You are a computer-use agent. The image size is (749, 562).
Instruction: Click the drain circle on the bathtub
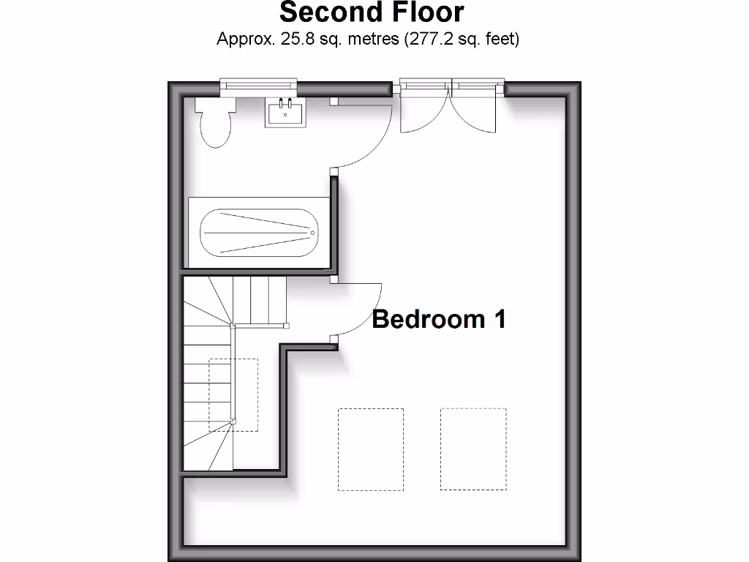[312, 233]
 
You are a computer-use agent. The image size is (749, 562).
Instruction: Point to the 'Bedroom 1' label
[439, 319]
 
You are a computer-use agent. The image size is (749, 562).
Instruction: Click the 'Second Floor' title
[372, 12]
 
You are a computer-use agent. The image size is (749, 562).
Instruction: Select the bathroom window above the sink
[260, 86]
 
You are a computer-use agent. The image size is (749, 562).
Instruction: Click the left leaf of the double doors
[424, 110]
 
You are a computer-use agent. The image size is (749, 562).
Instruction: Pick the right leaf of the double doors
[475, 110]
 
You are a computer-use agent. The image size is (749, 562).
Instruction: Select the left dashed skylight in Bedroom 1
[371, 449]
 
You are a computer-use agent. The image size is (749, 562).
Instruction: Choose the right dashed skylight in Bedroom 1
[473, 449]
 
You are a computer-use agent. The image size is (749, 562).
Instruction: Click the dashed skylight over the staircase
[233, 395]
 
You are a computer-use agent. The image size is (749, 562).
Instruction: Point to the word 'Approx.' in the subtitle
[245, 40]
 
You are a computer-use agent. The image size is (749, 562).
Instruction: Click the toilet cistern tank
[214, 104]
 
